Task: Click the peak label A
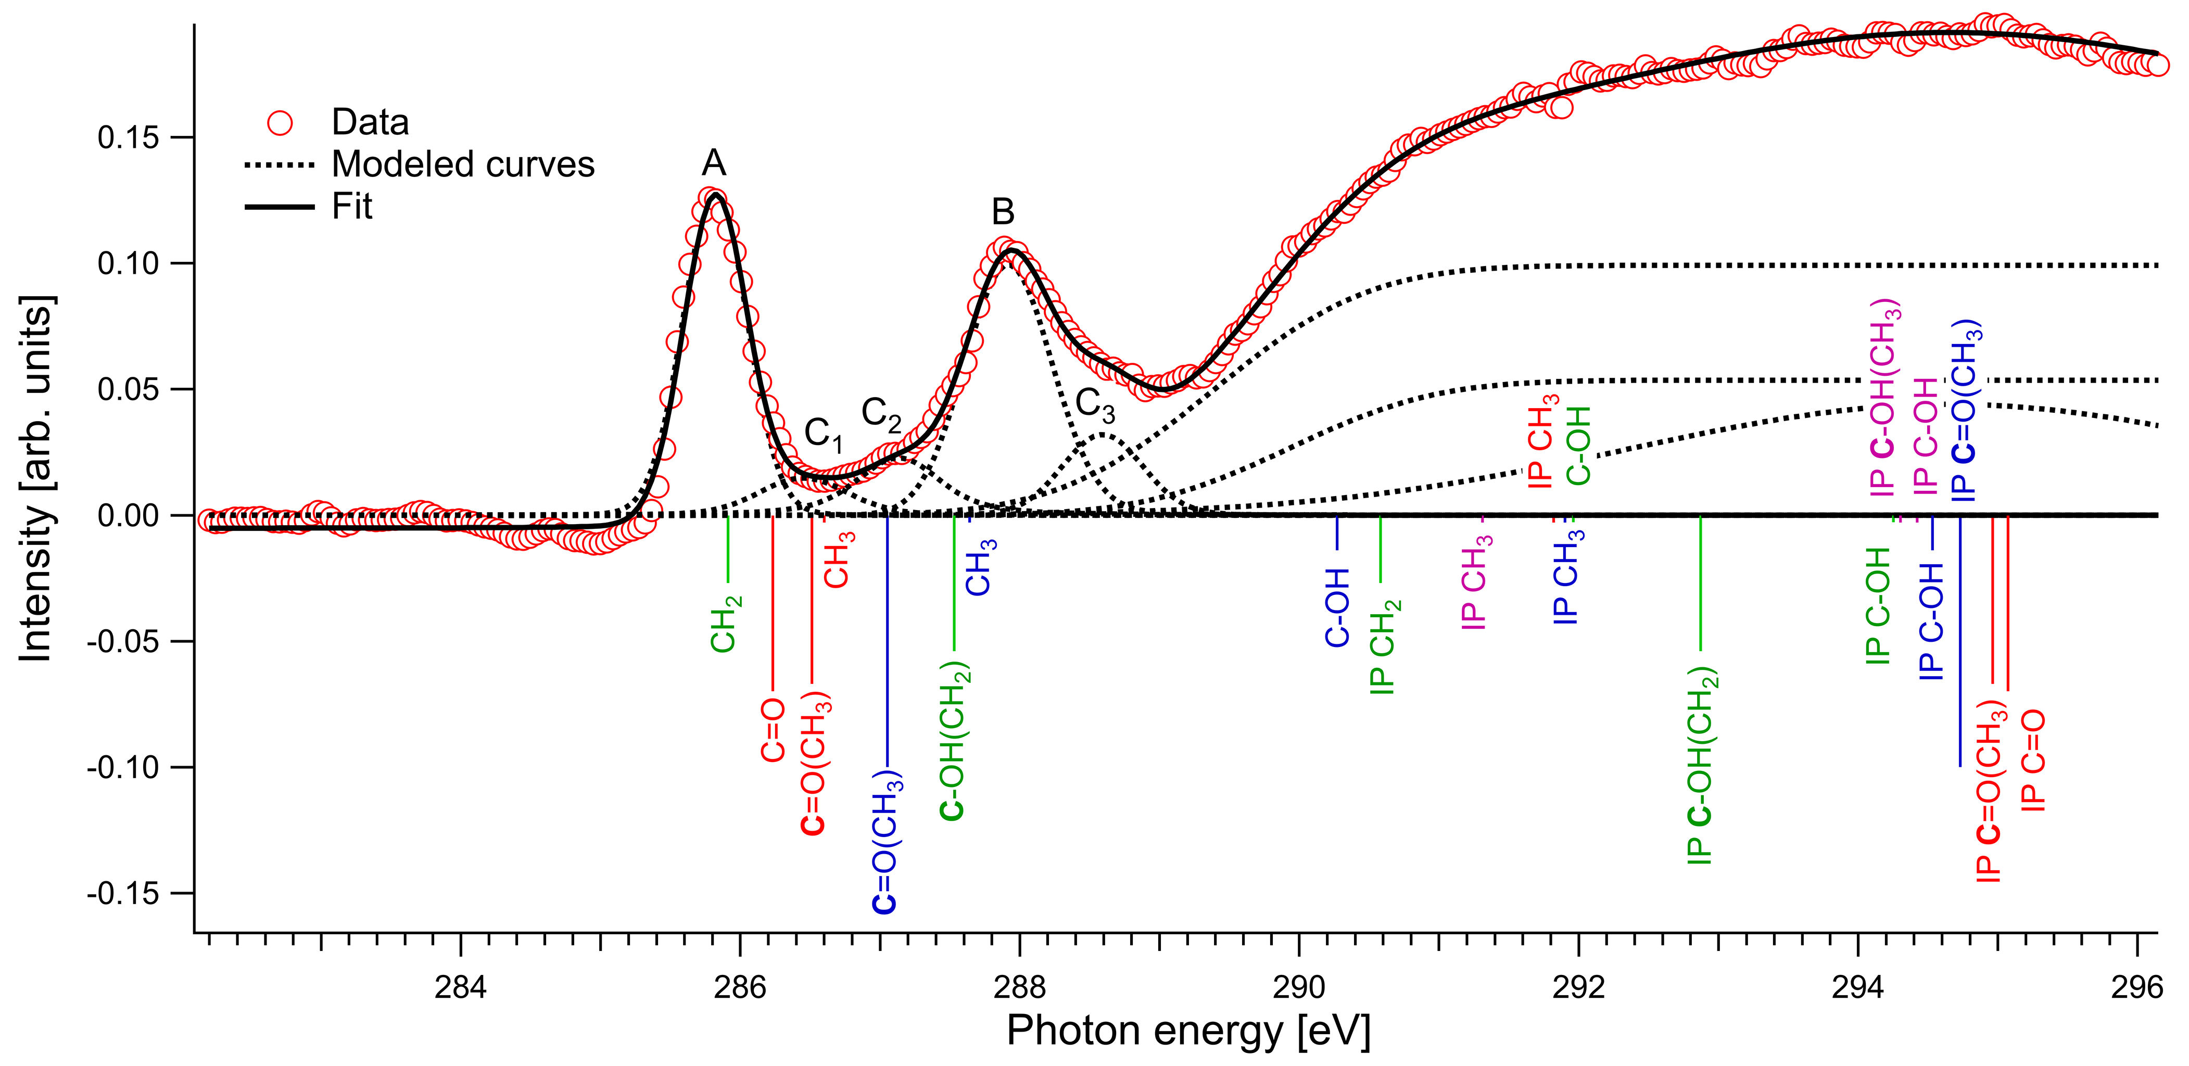tap(714, 163)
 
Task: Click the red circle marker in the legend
tap(280, 123)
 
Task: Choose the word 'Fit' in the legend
tap(352, 207)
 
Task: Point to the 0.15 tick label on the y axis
tap(128, 137)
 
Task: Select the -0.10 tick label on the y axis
tap(123, 768)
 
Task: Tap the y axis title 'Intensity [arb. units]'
tap(36, 479)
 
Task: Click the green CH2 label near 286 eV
tap(725, 624)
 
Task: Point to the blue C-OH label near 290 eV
tap(1337, 608)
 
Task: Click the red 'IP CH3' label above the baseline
tap(1542, 442)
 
